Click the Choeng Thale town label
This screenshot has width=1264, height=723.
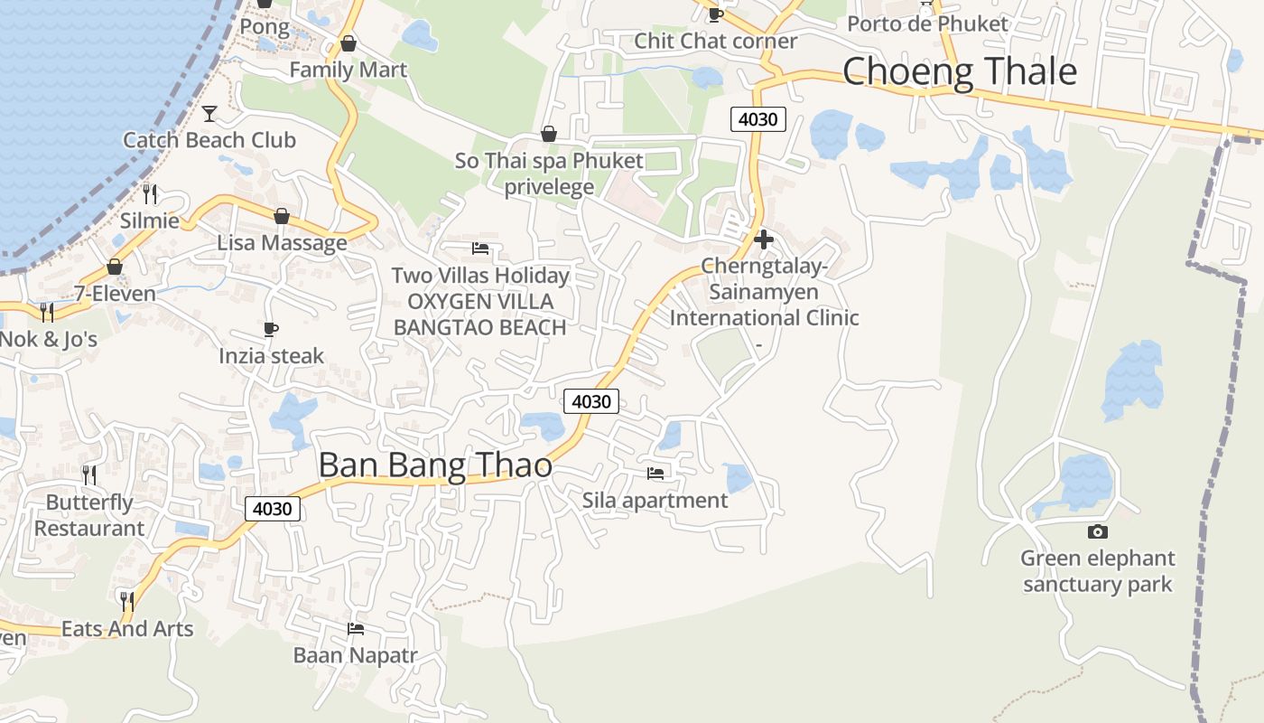(x=960, y=71)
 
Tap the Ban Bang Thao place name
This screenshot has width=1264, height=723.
(x=435, y=465)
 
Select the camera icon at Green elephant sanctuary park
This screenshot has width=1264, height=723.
(x=1098, y=531)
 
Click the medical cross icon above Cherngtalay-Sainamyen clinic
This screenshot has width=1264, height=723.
(x=764, y=239)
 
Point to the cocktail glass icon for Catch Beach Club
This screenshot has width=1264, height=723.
(x=209, y=113)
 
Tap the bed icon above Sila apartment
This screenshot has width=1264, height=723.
(x=655, y=473)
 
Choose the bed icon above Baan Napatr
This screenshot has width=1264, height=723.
(x=356, y=628)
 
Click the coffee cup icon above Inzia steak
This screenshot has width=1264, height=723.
(x=271, y=329)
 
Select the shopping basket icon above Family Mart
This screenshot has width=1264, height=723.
(x=349, y=43)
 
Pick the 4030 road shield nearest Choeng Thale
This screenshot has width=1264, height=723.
(x=758, y=118)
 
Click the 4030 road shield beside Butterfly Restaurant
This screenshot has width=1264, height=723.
(x=272, y=509)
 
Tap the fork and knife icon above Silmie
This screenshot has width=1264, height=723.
(x=150, y=193)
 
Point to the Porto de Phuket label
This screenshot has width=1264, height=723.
(x=927, y=23)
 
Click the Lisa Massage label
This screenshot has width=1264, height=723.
(x=282, y=243)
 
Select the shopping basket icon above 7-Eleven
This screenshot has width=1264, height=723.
(x=115, y=267)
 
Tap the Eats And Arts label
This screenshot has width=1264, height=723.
(x=127, y=629)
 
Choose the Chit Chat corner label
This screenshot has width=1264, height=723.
(x=715, y=41)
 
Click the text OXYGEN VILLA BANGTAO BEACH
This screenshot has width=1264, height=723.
(x=480, y=315)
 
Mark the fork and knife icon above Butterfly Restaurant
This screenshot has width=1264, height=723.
(x=89, y=474)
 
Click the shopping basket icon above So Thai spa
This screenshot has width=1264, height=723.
(x=548, y=135)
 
